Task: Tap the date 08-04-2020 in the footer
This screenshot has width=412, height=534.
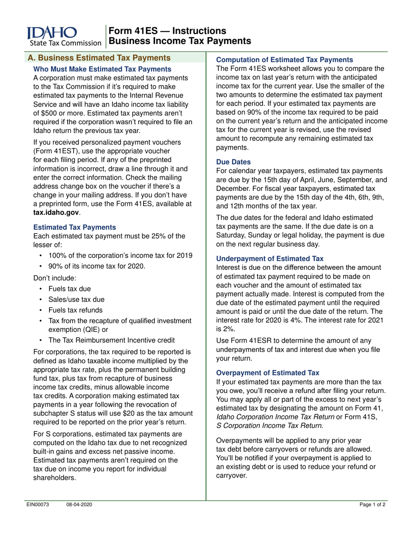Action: [x=79, y=505]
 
